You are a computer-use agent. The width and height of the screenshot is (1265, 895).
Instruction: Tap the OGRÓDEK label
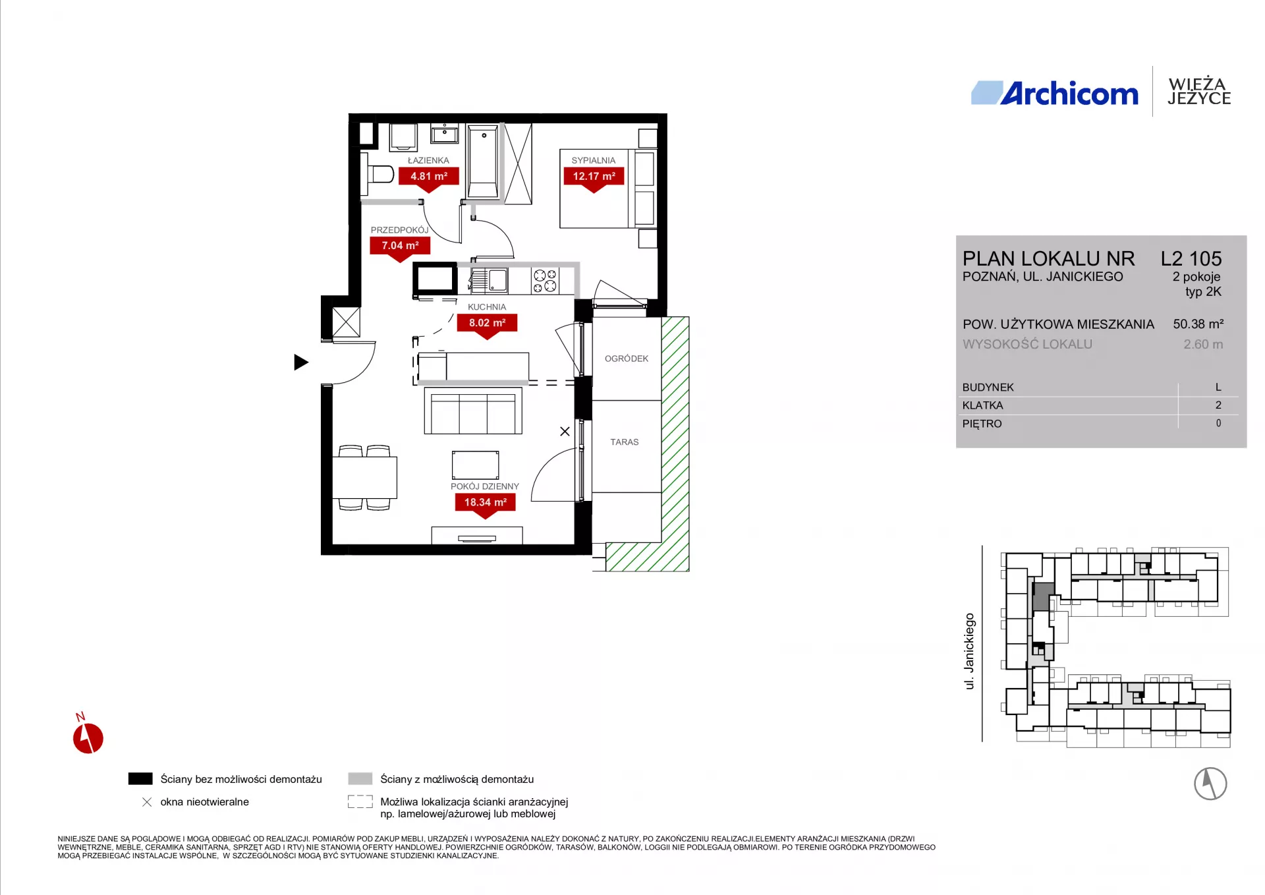click(x=627, y=359)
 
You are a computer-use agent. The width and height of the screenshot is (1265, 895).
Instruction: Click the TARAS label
click(x=625, y=442)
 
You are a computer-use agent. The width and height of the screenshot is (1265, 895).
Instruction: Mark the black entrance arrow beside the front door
click(x=300, y=362)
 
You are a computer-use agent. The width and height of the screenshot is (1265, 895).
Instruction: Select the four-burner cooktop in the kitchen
click(x=546, y=281)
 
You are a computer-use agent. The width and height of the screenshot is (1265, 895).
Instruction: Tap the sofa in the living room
click(x=473, y=411)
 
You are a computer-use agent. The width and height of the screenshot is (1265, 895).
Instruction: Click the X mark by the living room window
click(x=565, y=432)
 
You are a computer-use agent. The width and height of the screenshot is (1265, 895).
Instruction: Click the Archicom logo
click(x=1055, y=93)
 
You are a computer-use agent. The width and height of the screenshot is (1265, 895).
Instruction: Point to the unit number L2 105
click(x=1191, y=258)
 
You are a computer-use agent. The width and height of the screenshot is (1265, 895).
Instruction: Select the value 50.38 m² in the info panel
click(x=1198, y=324)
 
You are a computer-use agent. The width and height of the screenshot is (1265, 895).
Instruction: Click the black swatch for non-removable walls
click(x=140, y=779)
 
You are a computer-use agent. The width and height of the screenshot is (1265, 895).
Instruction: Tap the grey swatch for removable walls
click(x=360, y=779)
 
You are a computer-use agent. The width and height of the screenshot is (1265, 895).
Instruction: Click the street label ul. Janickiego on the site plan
click(x=969, y=651)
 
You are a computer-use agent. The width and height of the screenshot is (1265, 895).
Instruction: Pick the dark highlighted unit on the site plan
click(x=1042, y=596)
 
